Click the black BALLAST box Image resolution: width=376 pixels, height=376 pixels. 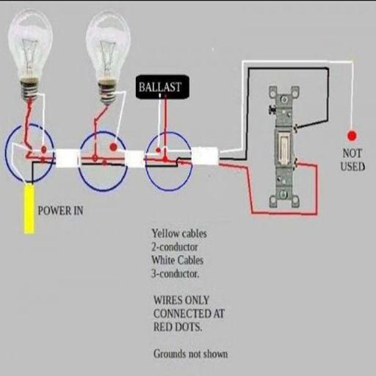point(162,87)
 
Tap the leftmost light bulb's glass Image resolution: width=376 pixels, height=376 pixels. point(30,44)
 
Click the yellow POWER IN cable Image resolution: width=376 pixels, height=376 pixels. point(29,209)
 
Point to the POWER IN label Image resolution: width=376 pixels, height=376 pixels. point(60,211)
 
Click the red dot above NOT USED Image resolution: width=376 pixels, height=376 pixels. point(352,136)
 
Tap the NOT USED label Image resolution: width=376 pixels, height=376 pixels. point(352,160)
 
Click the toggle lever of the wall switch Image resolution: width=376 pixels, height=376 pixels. point(283,150)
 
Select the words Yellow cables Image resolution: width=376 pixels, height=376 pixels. point(179,234)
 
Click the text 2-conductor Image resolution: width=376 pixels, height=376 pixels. point(175,247)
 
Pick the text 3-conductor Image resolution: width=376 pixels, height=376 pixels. point(176,274)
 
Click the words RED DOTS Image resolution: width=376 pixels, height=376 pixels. point(178,327)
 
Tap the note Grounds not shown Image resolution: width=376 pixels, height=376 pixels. point(190,354)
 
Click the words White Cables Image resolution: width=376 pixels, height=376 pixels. point(178,260)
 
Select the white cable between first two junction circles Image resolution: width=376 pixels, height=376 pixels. point(67,158)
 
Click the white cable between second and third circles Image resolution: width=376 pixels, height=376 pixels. point(135,159)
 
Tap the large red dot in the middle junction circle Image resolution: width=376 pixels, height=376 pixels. point(113,147)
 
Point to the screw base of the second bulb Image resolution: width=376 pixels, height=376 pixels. point(107,93)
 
